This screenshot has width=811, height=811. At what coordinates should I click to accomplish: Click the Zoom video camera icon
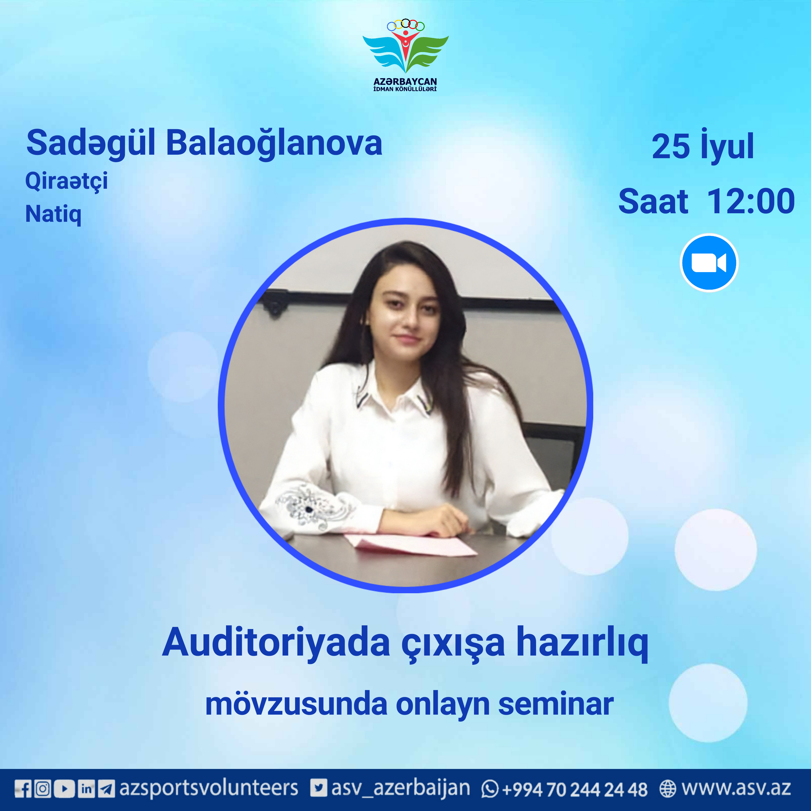tap(709, 263)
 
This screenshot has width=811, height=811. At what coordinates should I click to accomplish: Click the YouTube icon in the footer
tap(65, 789)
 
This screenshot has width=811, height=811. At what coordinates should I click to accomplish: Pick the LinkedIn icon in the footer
tap(86, 789)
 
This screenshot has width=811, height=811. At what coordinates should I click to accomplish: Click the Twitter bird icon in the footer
tap(318, 788)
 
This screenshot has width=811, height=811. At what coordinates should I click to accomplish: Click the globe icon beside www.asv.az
tap(667, 789)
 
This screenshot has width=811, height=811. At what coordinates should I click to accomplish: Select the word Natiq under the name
tap(53, 214)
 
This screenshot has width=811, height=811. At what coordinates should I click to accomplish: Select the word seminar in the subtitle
tap(555, 704)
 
